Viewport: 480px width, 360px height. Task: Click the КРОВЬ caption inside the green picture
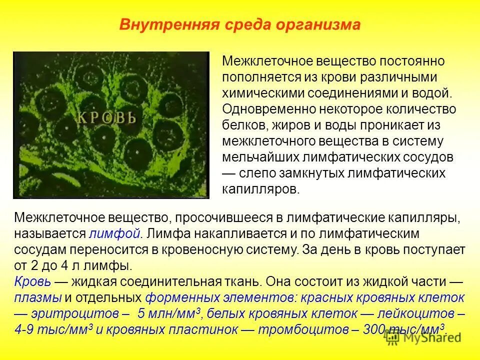click(x=106, y=118)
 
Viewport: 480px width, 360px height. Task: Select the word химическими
click(x=266, y=93)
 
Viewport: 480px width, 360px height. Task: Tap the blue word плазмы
click(x=38, y=297)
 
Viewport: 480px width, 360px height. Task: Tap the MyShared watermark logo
click(x=422, y=338)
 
